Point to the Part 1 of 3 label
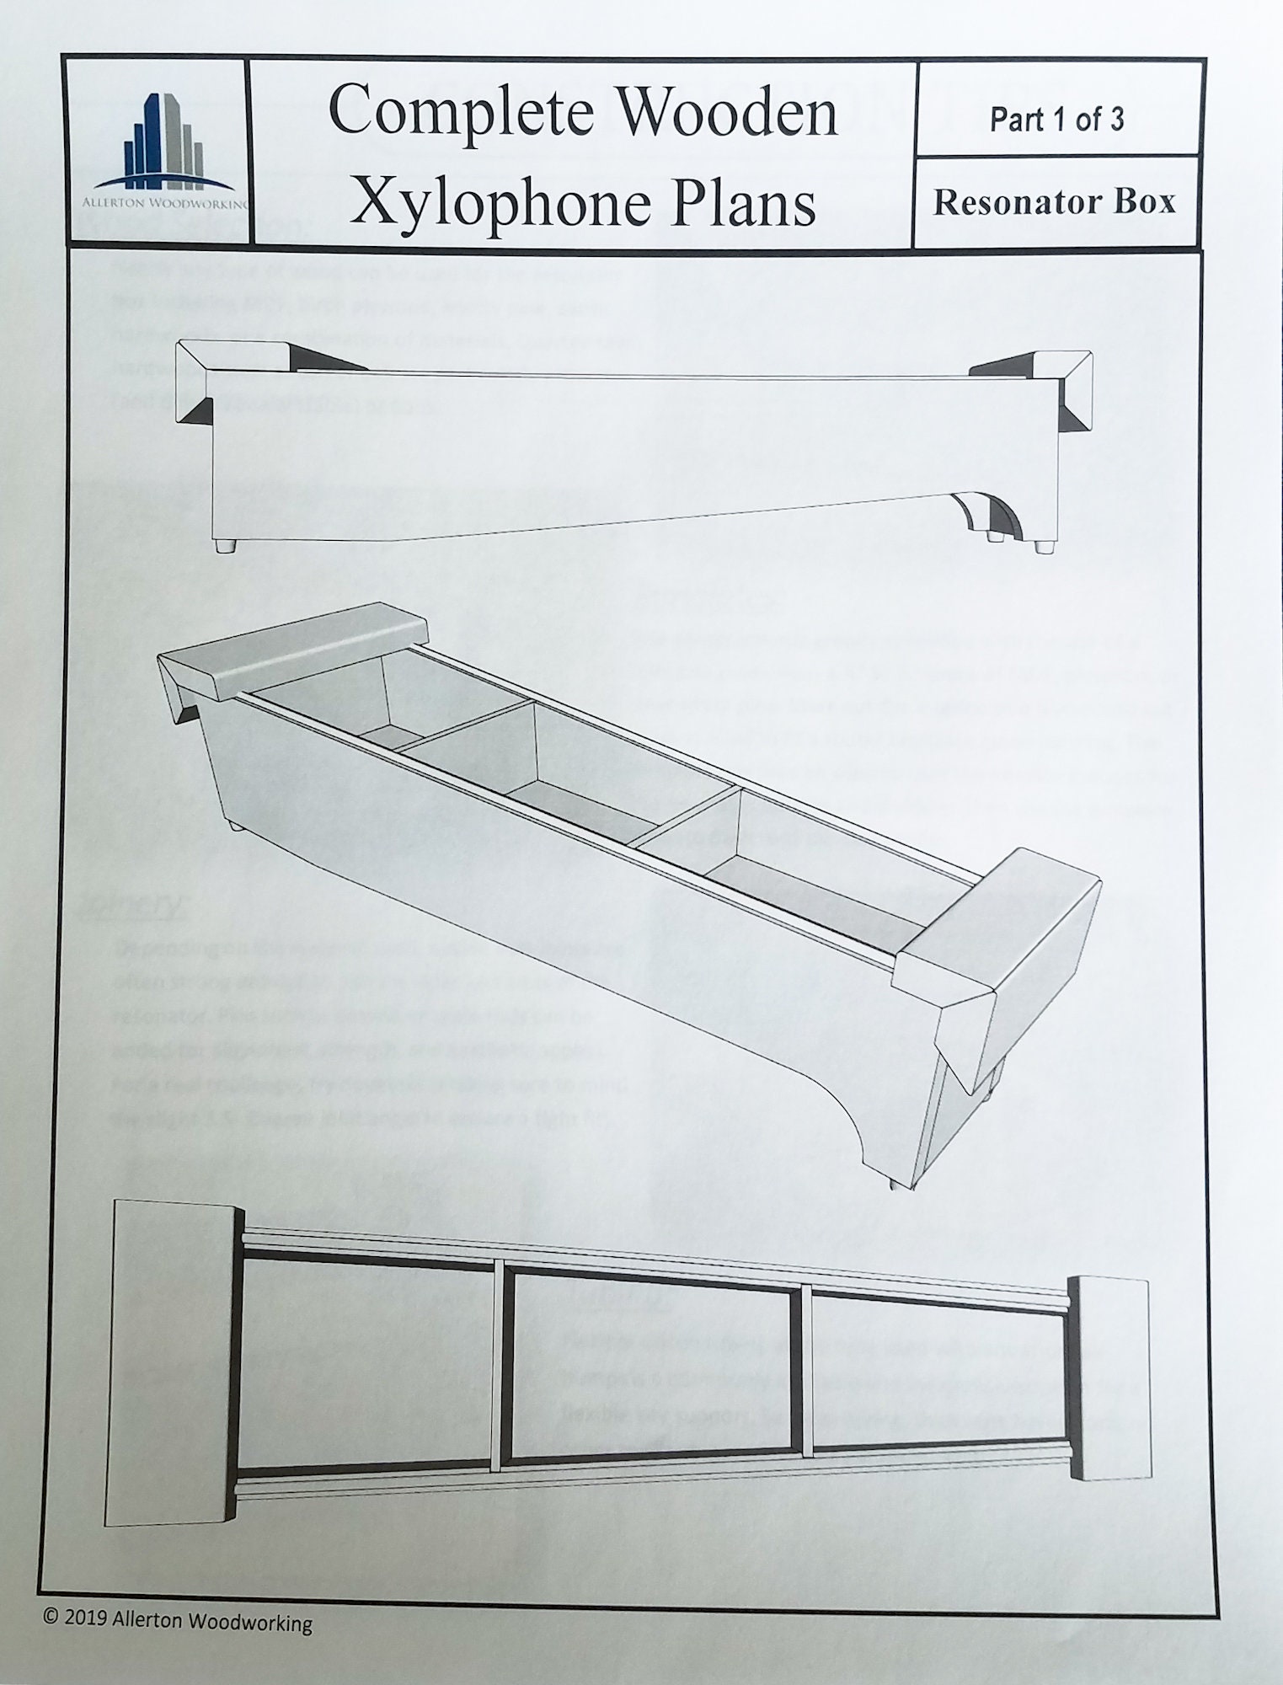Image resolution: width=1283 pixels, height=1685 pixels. [x=1056, y=120]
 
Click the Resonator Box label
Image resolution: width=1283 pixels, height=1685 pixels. [x=1054, y=202]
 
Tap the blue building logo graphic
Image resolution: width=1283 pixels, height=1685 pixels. [x=164, y=143]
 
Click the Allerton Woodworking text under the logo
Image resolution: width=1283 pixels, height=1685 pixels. [x=165, y=202]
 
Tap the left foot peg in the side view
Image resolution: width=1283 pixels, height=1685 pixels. [x=225, y=545]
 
